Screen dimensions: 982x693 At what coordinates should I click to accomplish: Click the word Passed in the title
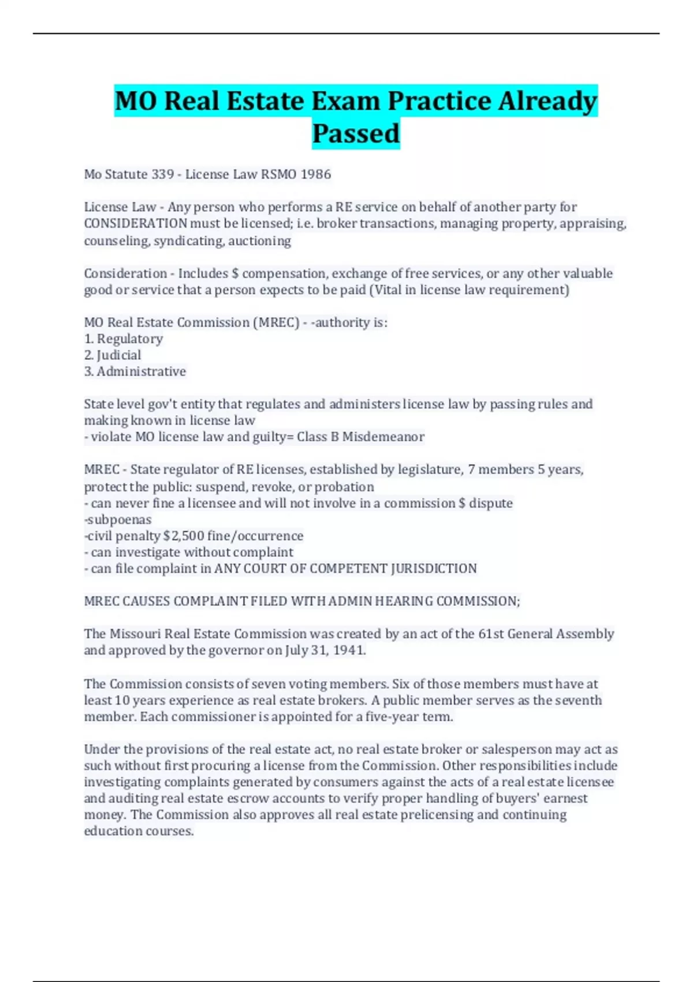(x=356, y=133)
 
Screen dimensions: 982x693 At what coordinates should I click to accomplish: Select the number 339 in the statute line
(x=163, y=174)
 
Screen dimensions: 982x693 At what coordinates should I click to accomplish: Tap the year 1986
(x=315, y=174)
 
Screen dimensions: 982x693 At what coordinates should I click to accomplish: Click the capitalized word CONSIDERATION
(x=136, y=224)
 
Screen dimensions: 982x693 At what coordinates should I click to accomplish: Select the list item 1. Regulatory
(x=124, y=339)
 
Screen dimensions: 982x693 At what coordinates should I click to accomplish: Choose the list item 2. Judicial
(x=113, y=355)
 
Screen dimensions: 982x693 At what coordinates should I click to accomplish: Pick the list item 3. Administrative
(x=135, y=371)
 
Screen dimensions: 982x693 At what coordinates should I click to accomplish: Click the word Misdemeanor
(x=383, y=437)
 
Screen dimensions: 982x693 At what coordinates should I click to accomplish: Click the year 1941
(x=349, y=650)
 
